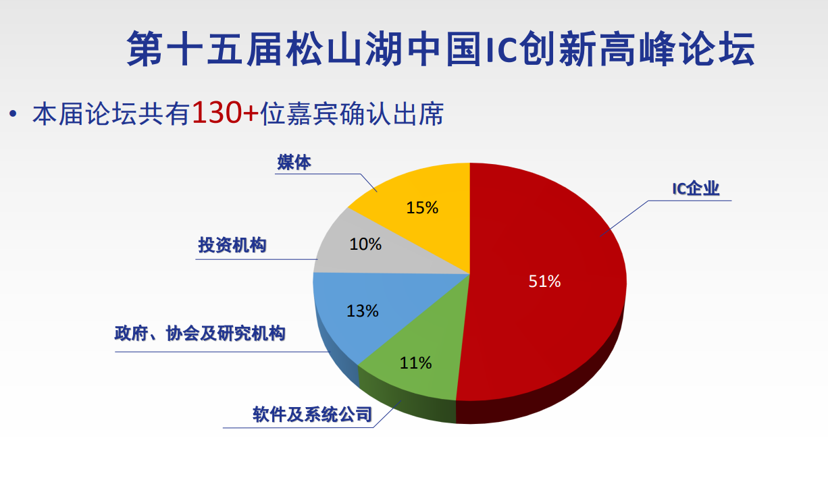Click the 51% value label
point(544,282)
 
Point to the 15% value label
point(422,208)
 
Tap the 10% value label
point(365,244)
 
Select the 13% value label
point(362,311)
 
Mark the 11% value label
point(415,363)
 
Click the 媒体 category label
point(294,163)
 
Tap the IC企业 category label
point(696,189)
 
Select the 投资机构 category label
point(232,245)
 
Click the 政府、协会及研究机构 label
point(200,334)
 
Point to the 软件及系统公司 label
point(312,415)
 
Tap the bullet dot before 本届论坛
point(14,114)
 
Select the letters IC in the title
point(502,49)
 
